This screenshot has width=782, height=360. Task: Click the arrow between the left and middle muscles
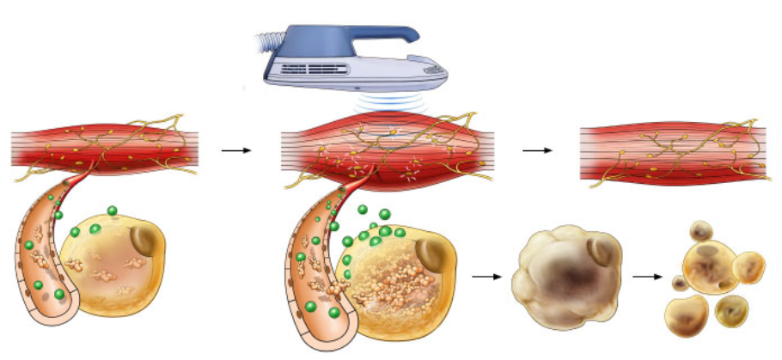[x=235, y=150]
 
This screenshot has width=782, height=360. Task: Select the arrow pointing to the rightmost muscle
[x=537, y=150]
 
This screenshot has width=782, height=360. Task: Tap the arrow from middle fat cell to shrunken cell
[x=486, y=277]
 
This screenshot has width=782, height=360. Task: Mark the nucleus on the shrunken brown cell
[x=600, y=251]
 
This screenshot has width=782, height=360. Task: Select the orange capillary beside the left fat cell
[x=43, y=266]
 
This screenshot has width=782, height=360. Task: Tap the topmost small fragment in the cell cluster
[x=703, y=229]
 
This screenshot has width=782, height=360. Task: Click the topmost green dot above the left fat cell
[x=112, y=211]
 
